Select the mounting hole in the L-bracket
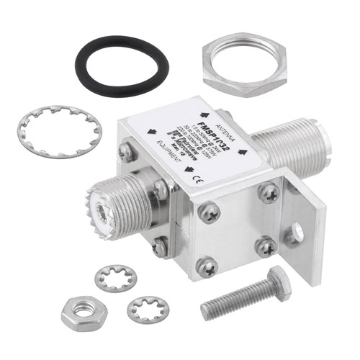296,233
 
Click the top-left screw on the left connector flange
127,152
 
